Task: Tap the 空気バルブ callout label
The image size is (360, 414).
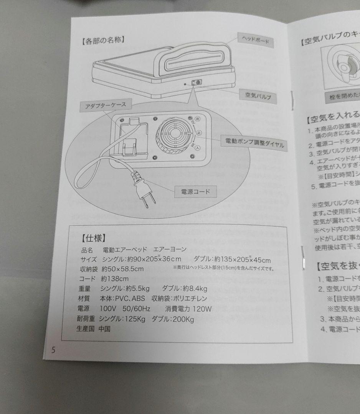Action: pyautogui.click(x=258, y=95)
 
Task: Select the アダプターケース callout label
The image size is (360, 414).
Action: pyautogui.click(x=106, y=105)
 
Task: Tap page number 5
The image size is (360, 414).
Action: pyautogui.click(x=53, y=350)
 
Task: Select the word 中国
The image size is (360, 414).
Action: pyautogui.click(x=104, y=329)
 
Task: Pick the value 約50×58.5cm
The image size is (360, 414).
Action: pyautogui.click(x=123, y=269)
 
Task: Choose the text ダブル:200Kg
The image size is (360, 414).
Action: pyautogui.click(x=173, y=319)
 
